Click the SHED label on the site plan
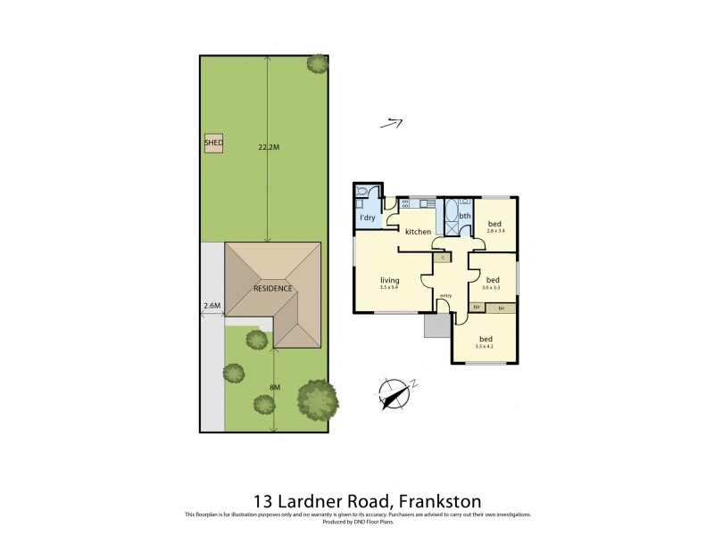tap(213, 143)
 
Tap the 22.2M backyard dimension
tap(269, 146)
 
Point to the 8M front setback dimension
tap(275, 387)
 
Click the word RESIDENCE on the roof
tap(272, 288)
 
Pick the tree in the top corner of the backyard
tap(317, 63)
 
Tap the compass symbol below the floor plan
tap(394, 392)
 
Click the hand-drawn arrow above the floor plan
tap(392, 124)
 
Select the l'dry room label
tap(367, 218)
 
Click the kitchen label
tap(418, 232)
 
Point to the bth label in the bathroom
tap(465, 216)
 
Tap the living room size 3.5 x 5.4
tap(390, 287)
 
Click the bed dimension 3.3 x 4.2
tap(486, 347)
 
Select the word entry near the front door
tap(445, 295)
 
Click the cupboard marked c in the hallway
tap(443, 257)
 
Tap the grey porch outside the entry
tap(437, 326)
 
